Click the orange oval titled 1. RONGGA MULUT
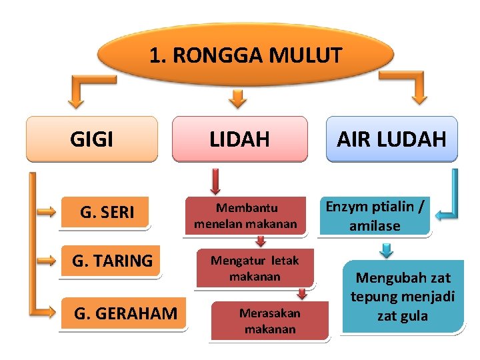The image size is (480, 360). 245,55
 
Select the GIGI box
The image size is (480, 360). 92,139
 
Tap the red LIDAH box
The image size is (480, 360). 240,139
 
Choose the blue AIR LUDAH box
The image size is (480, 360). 391,139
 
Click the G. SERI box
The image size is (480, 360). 107,213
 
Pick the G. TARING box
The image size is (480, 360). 112,261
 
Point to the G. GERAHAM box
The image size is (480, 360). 125,313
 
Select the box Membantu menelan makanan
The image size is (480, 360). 245,216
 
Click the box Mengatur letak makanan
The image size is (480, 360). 255,268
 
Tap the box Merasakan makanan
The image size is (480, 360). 270,321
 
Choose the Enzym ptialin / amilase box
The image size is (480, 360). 374,216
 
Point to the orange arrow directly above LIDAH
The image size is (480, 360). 237,99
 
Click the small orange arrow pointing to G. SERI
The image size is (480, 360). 47,213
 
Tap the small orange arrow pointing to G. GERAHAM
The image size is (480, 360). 47,311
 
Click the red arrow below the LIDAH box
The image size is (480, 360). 215,181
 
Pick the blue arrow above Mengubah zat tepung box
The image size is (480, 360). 387,250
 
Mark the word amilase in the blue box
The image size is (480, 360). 374,225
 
